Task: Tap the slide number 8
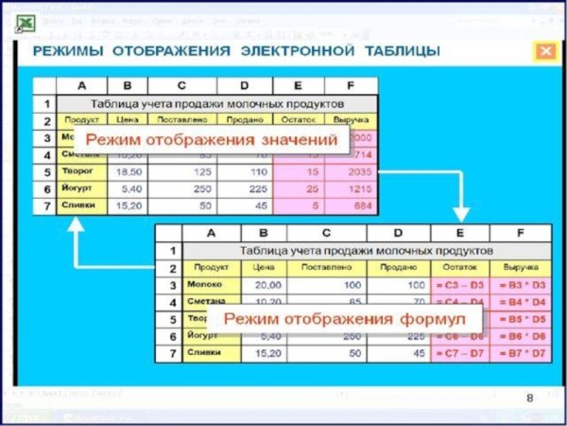click(529, 397)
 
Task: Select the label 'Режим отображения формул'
click(337, 319)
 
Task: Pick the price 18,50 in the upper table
click(126, 173)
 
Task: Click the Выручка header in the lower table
click(521, 268)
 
